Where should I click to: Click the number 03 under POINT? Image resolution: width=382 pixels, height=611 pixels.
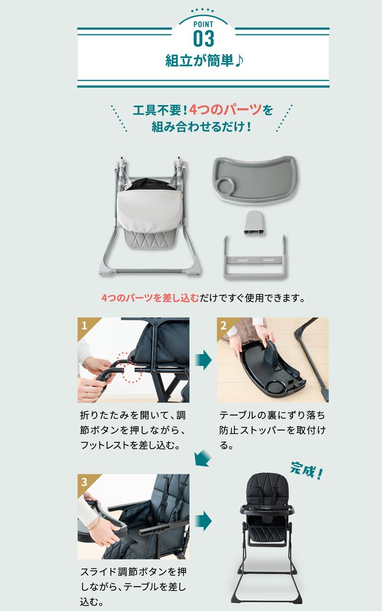click(x=204, y=39)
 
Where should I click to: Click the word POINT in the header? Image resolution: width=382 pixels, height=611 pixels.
click(x=203, y=24)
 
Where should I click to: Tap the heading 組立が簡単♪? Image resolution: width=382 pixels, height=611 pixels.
click(x=204, y=61)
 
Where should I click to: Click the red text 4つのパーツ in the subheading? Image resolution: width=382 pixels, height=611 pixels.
click(x=225, y=110)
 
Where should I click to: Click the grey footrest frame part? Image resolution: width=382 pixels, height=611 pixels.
click(x=255, y=257)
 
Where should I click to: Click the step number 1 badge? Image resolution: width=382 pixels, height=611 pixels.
click(x=84, y=325)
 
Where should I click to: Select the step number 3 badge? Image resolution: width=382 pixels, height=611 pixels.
click(x=84, y=482)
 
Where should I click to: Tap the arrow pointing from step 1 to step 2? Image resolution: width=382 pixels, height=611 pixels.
click(x=204, y=360)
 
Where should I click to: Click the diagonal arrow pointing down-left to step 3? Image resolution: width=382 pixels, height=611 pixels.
click(x=203, y=458)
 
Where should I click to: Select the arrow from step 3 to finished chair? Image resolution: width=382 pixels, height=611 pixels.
click(x=204, y=521)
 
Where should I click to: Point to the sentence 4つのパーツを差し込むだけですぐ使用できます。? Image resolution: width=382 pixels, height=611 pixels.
click(x=203, y=298)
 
